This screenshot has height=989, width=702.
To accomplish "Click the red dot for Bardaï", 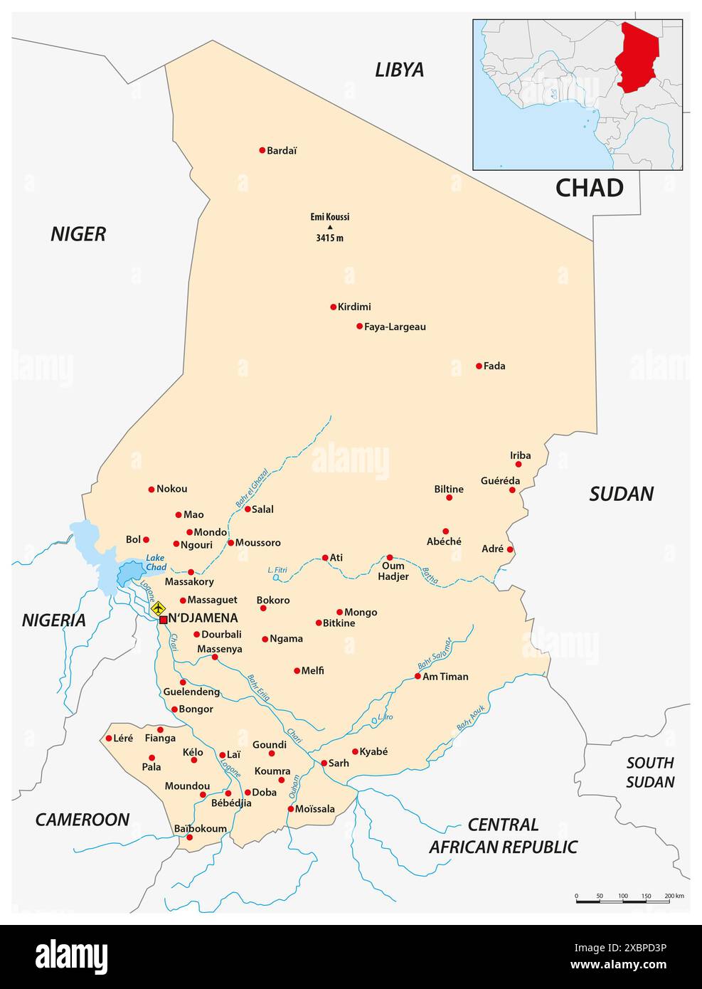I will click(262, 150).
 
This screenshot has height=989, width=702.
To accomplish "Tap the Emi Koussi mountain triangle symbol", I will click(329, 227).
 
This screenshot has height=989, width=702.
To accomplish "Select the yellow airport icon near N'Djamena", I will click(158, 608).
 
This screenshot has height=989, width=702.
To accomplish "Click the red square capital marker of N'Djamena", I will click(163, 620).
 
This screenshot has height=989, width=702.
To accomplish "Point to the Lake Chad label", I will click(155, 563).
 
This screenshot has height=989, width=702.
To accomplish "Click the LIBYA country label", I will click(399, 70).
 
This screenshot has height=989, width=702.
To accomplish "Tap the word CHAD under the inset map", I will click(589, 188).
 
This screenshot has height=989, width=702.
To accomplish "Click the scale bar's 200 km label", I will click(674, 896).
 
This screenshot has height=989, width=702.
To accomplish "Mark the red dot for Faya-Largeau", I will click(359, 327).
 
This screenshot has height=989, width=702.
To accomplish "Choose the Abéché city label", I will click(444, 541).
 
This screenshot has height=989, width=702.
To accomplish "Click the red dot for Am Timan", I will click(418, 676).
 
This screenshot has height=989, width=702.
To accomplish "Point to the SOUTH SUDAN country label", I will click(650, 772).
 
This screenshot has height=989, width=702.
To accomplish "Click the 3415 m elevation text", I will click(329, 238).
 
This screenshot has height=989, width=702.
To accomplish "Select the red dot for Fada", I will click(479, 366).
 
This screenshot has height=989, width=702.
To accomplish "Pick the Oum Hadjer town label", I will click(393, 571).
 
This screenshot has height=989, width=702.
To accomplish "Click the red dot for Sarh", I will click(324, 763).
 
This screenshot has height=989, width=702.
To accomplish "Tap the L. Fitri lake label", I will click(277, 570).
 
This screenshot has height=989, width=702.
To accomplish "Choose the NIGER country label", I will click(78, 234).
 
